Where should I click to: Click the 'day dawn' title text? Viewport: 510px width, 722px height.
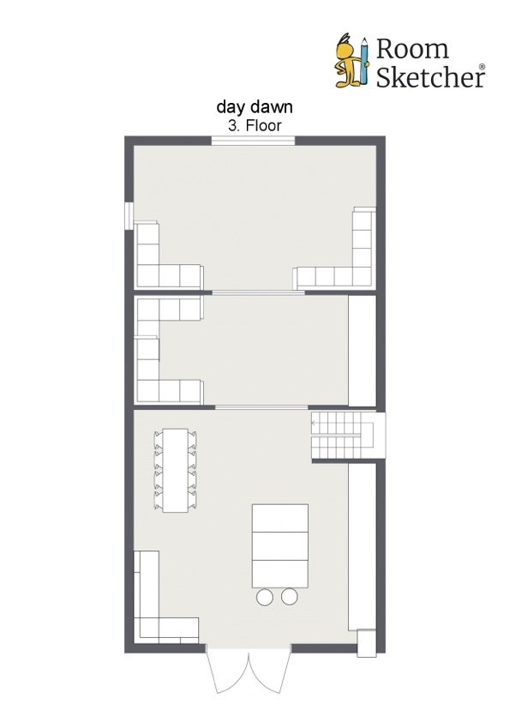point(255,107)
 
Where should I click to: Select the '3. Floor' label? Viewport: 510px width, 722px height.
point(255,125)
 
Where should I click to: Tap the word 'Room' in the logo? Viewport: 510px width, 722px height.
point(412,49)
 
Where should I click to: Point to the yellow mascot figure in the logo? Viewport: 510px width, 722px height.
point(348,62)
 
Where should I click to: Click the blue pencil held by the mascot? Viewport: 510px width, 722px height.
point(364,61)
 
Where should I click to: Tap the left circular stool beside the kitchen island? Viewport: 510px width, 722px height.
point(265,597)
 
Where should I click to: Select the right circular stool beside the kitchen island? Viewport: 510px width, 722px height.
point(290,597)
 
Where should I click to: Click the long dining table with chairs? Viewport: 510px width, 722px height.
point(176,470)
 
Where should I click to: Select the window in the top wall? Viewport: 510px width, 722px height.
point(253,140)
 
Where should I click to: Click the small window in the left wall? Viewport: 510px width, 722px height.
point(129,215)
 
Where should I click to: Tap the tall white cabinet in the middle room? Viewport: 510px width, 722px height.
point(363,351)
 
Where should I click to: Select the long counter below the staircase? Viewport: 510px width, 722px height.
point(363,546)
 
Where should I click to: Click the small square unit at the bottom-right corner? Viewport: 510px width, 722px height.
point(367,643)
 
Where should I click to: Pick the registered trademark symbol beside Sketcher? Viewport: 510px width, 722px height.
point(482,67)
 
